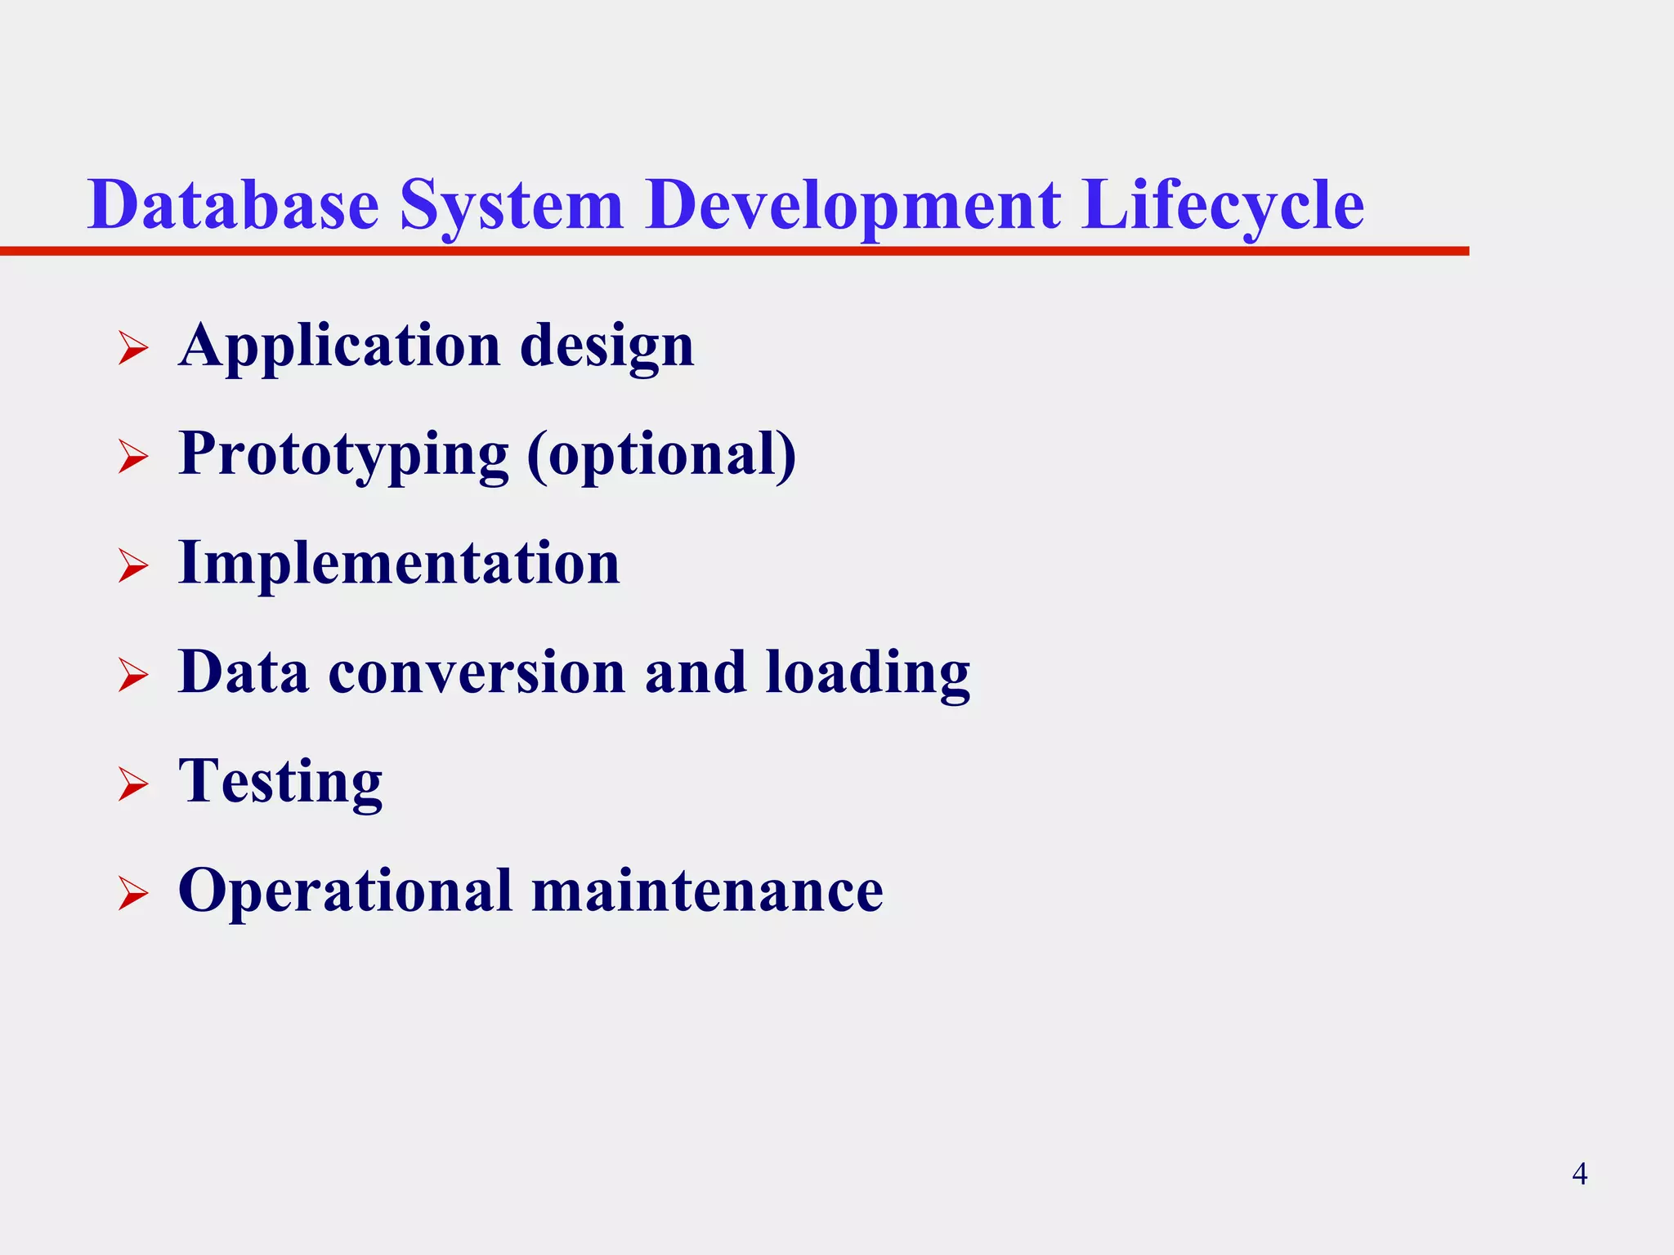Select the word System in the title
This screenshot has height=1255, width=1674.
pos(512,206)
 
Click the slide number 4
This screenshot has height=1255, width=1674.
pos(1579,1174)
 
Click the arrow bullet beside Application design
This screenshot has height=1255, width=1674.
pos(132,347)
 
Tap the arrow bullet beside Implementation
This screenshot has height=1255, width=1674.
pos(132,565)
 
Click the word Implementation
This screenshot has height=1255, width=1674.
pos(399,564)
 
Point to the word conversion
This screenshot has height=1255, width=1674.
pos(477,672)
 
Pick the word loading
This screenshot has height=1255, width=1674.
pos(868,674)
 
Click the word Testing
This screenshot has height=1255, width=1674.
pos(280,783)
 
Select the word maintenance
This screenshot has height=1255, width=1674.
pos(707,891)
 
